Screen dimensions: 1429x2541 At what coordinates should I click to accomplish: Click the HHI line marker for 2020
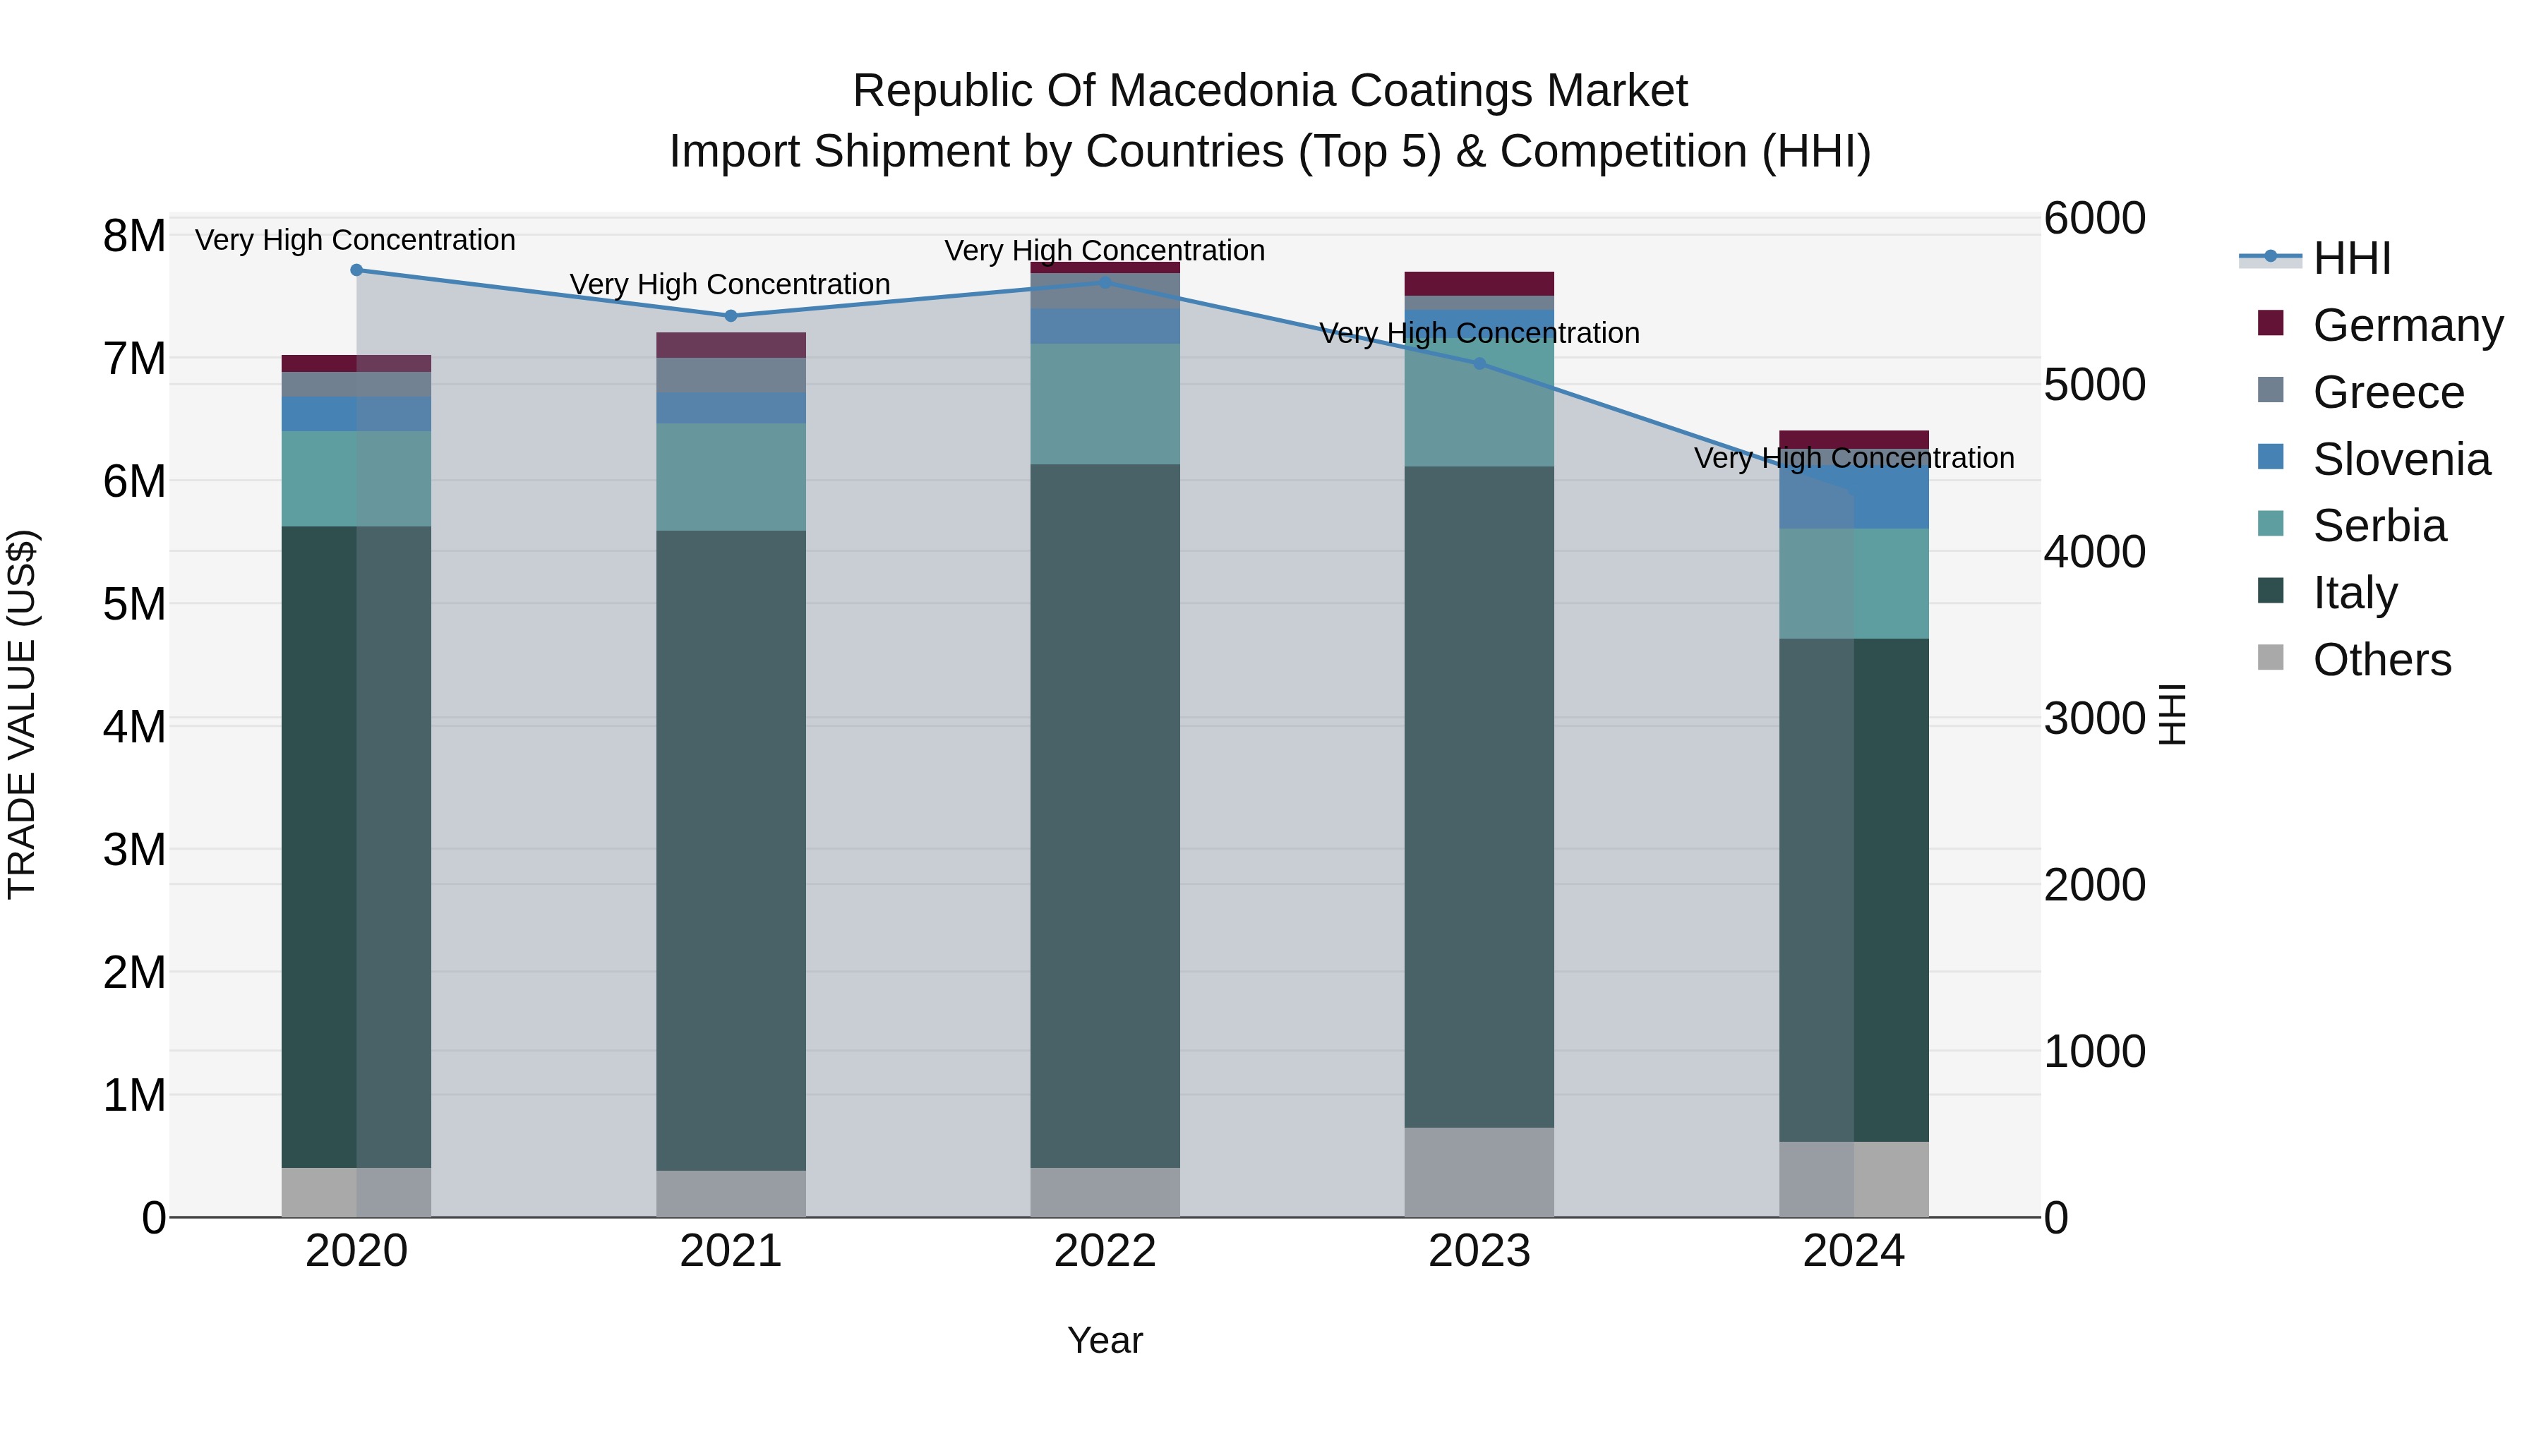point(356,270)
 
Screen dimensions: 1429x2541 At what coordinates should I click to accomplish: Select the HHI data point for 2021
point(731,315)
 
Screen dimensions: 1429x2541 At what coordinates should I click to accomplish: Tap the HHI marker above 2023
point(1479,364)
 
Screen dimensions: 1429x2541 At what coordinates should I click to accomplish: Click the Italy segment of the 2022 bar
point(1105,816)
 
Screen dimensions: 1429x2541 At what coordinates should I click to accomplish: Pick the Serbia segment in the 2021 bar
point(731,477)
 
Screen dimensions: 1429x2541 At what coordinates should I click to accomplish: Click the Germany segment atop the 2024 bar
point(1854,440)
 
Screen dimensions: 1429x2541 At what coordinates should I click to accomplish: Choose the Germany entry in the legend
point(2407,325)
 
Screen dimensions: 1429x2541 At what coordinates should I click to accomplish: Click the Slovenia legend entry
point(2401,459)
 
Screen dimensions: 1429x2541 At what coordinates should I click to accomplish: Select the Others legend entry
point(2381,659)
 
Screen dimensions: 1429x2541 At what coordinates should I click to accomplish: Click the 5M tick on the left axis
point(134,603)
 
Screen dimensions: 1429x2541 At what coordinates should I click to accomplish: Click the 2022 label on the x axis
point(1105,1251)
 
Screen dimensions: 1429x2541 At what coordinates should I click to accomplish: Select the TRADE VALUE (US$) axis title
point(22,714)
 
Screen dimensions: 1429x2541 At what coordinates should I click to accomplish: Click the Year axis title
point(1105,1340)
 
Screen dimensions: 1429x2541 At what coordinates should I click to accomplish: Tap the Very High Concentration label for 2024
point(1854,459)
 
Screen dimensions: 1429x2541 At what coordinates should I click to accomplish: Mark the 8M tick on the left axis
point(134,236)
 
